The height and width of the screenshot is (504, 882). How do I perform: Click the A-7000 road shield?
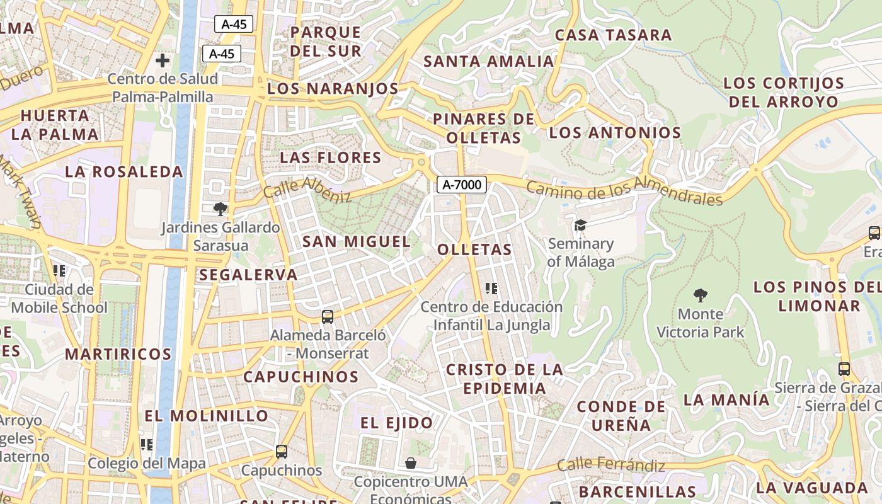click(462, 185)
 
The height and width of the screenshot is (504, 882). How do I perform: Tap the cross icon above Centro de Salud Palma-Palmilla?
click(163, 60)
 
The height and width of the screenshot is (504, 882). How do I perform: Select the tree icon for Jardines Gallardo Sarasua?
click(220, 209)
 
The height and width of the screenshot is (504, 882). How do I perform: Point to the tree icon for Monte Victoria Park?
click(700, 295)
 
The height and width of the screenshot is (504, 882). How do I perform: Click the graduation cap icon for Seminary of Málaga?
click(580, 225)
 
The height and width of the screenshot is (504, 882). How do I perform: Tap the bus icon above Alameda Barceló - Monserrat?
click(328, 316)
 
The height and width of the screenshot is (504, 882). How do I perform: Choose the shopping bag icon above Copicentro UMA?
click(411, 463)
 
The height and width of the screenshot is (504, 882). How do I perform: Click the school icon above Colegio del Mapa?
click(147, 445)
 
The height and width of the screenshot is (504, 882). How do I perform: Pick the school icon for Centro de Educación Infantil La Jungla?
click(491, 289)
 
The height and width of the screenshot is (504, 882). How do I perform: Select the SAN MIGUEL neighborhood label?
click(357, 241)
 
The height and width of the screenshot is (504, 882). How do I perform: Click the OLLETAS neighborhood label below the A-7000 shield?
click(475, 249)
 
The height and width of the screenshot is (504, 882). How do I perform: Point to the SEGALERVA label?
click(248, 275)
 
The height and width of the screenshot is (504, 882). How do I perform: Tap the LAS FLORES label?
click(331, 157)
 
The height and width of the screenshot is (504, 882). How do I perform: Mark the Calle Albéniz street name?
click(307, 189)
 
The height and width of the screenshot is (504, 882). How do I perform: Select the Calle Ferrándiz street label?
click(611, 466)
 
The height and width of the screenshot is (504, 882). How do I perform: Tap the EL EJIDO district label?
click(397, 423)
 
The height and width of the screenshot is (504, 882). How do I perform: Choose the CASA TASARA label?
click(613, 35)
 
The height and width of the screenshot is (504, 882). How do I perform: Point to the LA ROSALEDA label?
click(124, 171)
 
